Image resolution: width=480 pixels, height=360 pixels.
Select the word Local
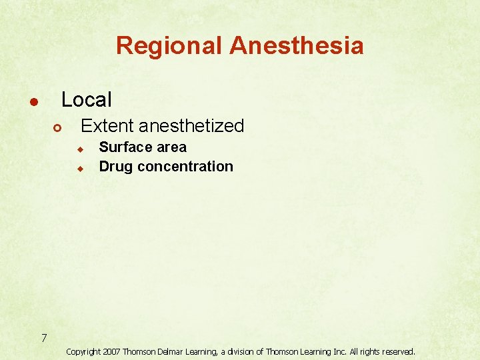tap(87, 100)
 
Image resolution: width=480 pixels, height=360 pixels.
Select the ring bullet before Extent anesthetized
tap(57, 127)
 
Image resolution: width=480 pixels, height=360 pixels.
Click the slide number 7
tap(43, 338)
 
